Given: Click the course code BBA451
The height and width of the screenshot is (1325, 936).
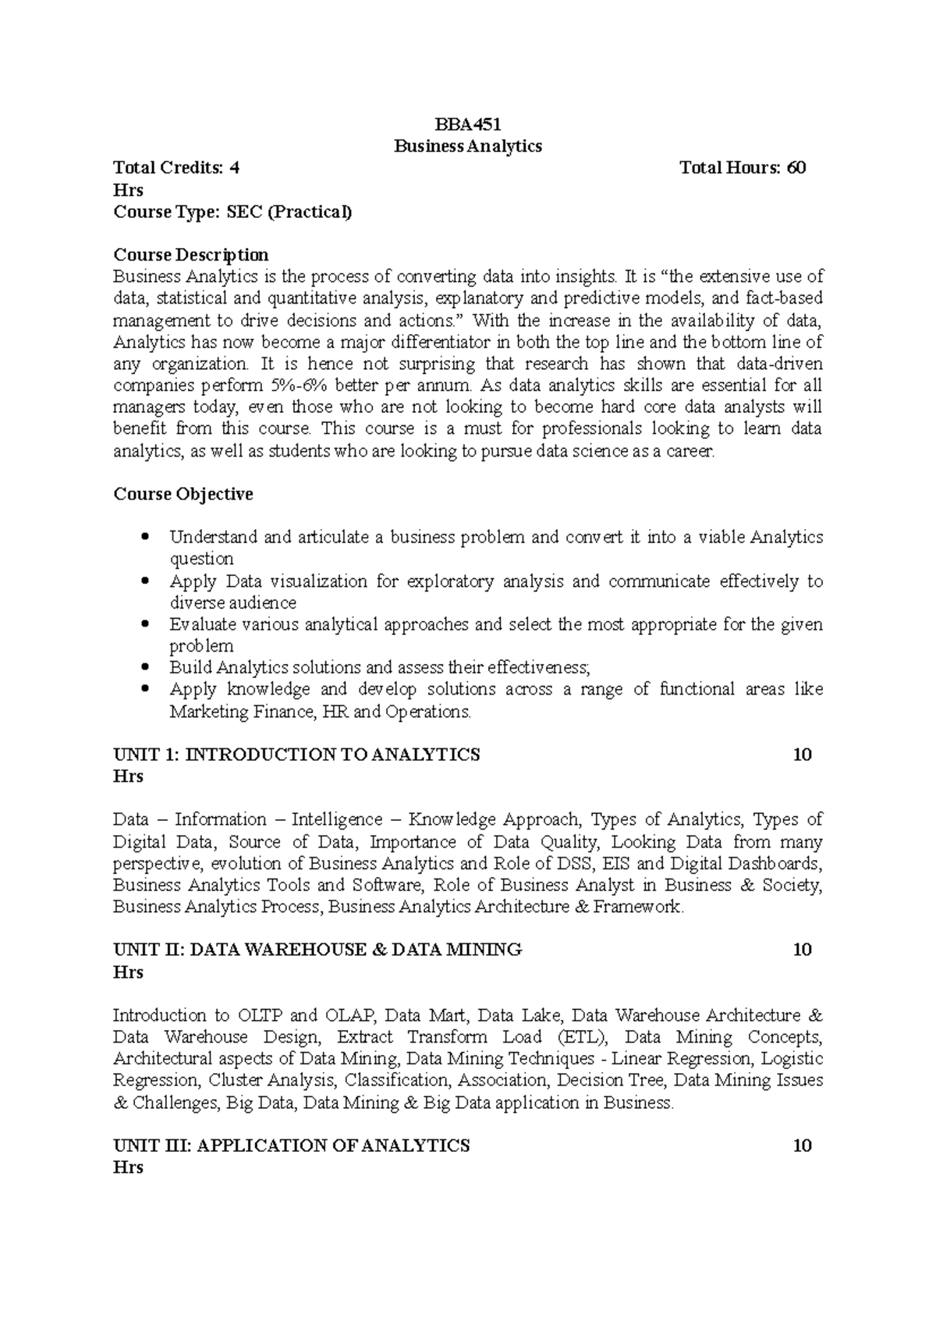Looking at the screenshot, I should coord(467,124).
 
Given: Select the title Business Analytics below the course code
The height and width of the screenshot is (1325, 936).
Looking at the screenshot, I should coord(467,146).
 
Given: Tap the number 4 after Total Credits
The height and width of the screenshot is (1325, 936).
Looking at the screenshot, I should coord(235,168).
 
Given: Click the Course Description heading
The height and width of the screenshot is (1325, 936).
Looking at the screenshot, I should coord(191,255).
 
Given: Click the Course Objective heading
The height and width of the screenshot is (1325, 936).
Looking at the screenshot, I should coord(183,494).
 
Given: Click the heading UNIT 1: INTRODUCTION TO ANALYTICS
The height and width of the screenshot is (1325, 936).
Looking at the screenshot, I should coord(296,755).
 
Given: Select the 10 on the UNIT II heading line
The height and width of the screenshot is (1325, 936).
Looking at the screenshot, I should coord(802,950).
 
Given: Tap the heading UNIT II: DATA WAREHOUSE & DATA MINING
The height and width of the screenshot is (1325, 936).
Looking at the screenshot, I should coord(317,950).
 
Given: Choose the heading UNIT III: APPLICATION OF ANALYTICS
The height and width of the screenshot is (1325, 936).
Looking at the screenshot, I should coord(292,1146).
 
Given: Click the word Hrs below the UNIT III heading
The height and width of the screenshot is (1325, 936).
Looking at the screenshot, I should coord(128,1168).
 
